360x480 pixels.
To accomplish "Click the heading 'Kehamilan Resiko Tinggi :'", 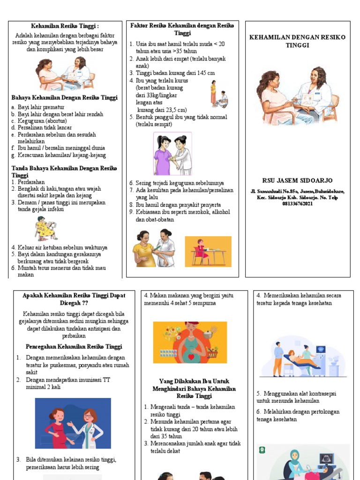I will click(65, 26).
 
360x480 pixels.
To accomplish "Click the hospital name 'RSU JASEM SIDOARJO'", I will click(298, 180).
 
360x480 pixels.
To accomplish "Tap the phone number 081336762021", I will click(298, 204).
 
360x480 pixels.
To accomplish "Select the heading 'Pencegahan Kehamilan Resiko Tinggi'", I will click(74, 347).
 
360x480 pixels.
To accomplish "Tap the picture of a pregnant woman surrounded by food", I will click(190, 342).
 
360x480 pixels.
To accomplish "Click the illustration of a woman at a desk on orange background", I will click(208, 251).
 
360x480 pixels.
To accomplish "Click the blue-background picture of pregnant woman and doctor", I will click(73, 423).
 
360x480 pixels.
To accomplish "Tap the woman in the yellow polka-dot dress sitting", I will click(46, 228).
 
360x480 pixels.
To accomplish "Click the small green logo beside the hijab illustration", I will click(262, 451).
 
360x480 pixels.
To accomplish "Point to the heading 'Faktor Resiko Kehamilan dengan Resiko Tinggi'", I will click(182, 29).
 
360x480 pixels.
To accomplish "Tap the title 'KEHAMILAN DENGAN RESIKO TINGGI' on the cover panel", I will click(298, 41).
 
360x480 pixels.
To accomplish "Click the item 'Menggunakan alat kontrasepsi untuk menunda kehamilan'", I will click(296, 397).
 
